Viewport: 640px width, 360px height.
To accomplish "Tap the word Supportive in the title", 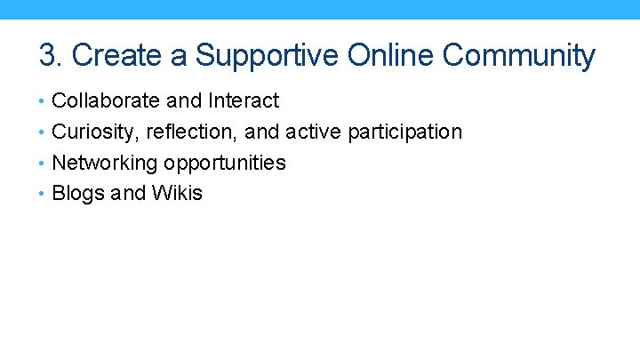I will (x=268, y=55).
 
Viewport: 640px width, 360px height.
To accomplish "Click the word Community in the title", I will (x=518, y=55).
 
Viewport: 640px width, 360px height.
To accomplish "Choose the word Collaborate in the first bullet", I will (x=102, y=101).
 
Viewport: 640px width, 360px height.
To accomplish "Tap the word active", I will (x=314, y=132).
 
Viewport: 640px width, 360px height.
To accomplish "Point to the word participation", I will (x=405, y=132).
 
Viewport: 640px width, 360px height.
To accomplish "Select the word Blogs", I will (x=78, y=194).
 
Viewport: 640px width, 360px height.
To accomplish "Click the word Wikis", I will (x=177, y=193).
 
